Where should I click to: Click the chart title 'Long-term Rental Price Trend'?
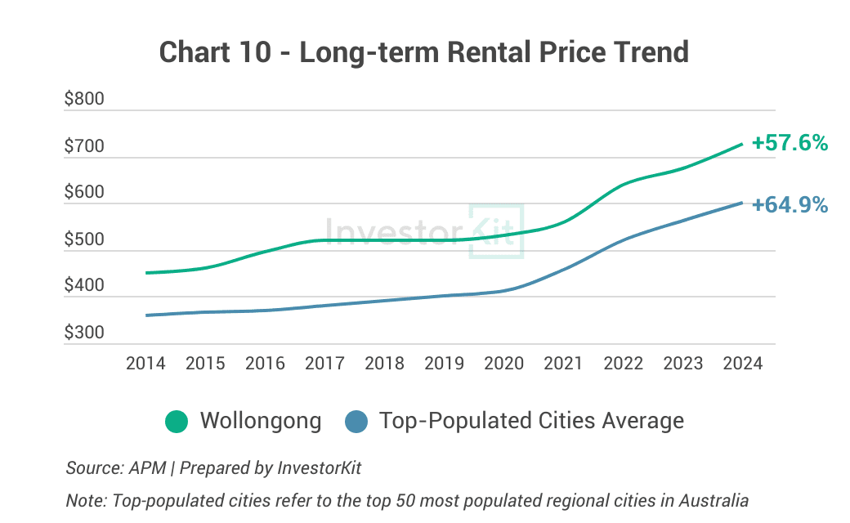tap(424, 51)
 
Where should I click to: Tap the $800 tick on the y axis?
tap(84, 100)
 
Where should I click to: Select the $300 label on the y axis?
tap(84, 333)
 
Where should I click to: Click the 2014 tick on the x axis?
tap(145, 364)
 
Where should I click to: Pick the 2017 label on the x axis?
tap(324, 364)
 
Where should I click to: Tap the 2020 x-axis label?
tap(503, 364)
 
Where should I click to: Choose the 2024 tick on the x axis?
tap(742, 364)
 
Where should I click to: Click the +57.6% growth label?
tap(790, 143)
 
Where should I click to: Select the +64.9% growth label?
tap(790, 205)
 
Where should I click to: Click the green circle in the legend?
tap(177, 422)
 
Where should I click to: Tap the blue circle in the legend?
tap(356, 422)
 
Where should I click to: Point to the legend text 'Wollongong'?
tap(261, 422)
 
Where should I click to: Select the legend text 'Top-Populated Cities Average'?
tap(531, 422)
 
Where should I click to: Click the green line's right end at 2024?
tap(741, 144)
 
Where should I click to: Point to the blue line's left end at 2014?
tap(146, 315)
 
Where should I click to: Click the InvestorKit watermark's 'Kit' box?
tap(496, 232)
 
